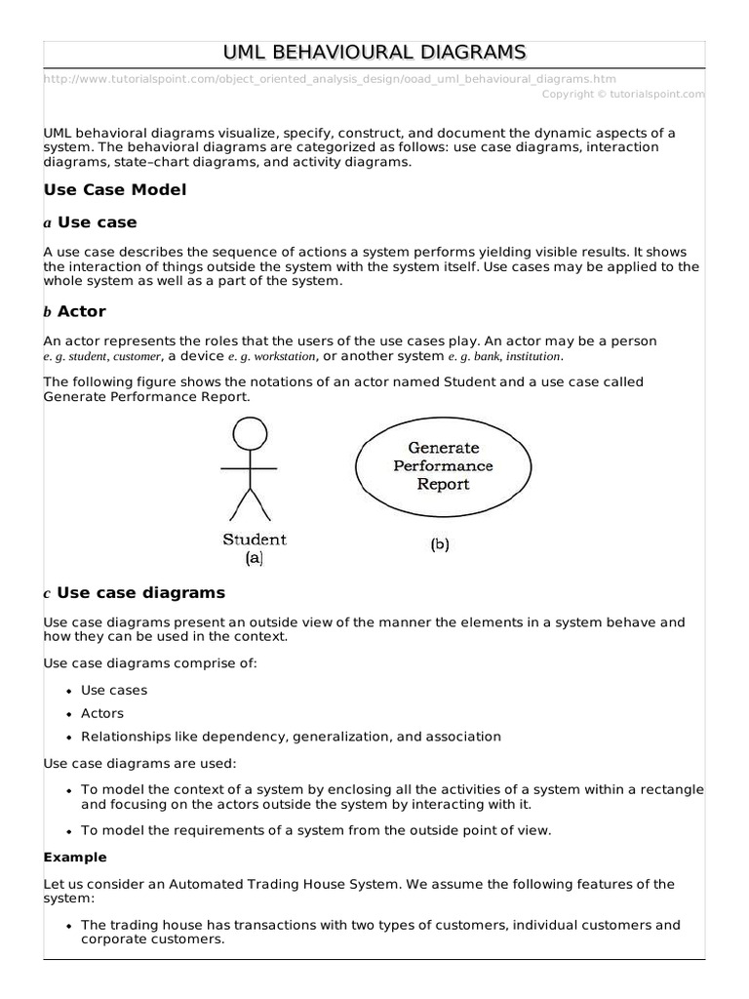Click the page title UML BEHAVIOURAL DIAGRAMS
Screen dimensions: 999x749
[374, 52]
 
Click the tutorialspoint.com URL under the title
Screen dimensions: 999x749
[330, 79]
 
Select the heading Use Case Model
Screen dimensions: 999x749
[115, 190]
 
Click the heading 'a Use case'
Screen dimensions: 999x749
[91, 222]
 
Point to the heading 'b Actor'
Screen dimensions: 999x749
[75, 312]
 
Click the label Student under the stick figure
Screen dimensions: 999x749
[255, 539]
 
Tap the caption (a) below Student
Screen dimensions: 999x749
[254, 559]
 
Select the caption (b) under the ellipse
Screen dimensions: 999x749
[440, 546]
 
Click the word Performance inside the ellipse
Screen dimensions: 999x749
[444, 466]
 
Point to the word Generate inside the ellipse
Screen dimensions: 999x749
[444, 448]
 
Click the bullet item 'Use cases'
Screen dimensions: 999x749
[114, 690]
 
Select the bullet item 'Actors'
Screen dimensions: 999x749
[102, 713]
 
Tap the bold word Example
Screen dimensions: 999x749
[75, 858]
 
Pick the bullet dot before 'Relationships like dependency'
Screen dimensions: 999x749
[69, 738]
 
